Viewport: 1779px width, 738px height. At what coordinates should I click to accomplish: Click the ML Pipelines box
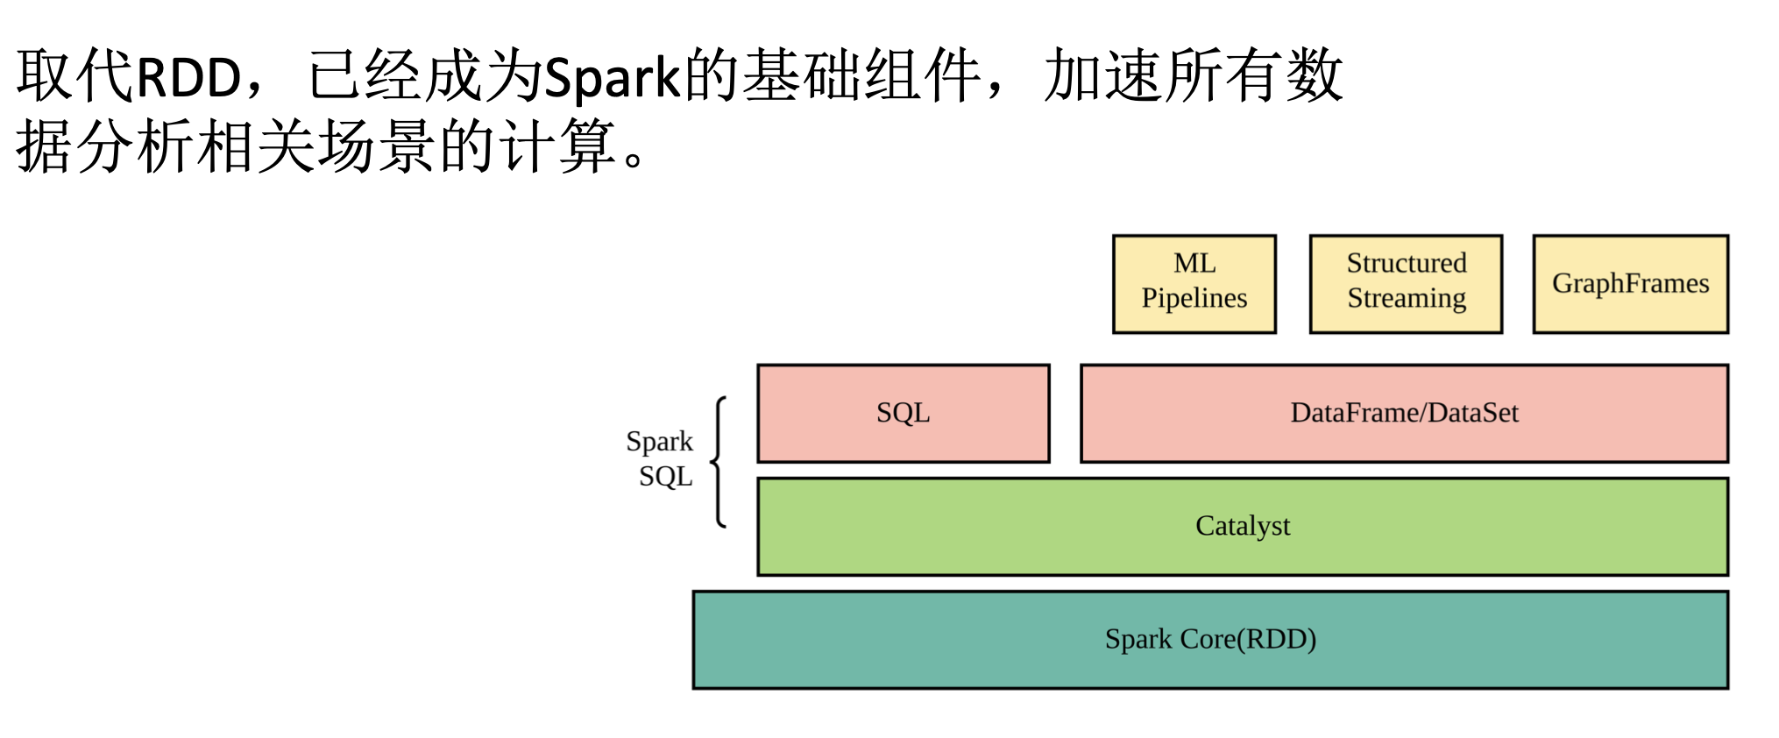[1194, 284]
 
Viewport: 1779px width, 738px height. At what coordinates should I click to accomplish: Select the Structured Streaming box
[1406, 284]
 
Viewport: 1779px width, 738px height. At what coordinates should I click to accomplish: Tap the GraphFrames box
[1630, 284]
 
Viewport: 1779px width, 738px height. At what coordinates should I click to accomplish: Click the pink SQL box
[904, 413]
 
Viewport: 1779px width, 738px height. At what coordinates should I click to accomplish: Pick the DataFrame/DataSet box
[1404, 413]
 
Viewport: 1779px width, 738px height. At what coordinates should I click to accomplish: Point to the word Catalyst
[1243, 526]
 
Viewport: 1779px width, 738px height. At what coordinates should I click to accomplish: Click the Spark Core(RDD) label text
[1210, 639]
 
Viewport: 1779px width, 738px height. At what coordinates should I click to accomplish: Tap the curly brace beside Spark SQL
[719, 462]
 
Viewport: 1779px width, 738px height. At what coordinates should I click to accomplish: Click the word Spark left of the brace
[659, 442]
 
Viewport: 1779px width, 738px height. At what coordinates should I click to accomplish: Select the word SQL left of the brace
[666, 477]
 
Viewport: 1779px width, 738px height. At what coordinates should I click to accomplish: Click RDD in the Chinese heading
[188, 77]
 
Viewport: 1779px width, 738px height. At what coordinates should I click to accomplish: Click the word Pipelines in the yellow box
[1194, 299]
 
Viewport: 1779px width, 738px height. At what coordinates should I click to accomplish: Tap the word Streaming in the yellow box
[1407, 299]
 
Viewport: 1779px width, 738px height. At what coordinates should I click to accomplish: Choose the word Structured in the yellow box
[1407, 263]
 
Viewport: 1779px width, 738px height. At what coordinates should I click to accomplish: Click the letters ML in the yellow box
[1194, 263]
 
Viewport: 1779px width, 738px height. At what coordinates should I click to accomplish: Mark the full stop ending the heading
[634, 160]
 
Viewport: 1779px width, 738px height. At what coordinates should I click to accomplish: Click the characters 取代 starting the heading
[75, 75]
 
